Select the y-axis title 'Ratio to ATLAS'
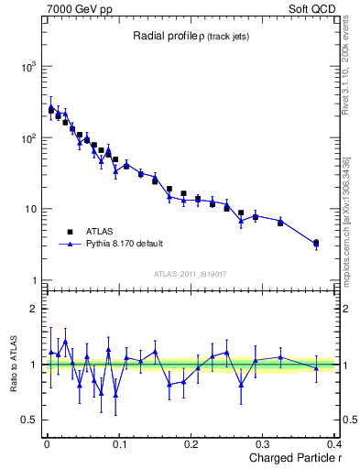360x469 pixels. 12,364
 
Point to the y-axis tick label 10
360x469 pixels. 27,209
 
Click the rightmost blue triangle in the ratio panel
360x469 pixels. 316,368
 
